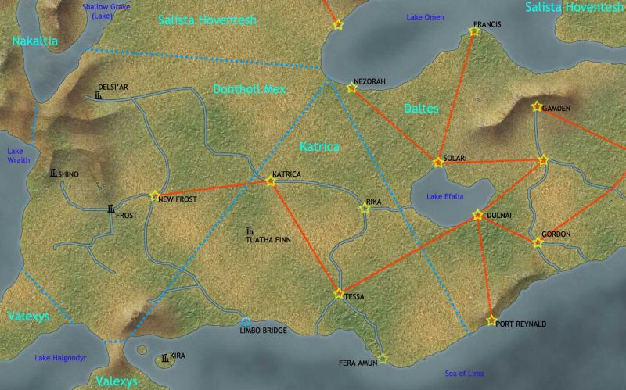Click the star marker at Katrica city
click(x=271, y=181)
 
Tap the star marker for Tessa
click(x=339, y=294)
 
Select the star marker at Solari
click(x=438, y=163)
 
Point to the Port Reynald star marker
click(x=491, y=320)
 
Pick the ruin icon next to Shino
click(x=53, y=173)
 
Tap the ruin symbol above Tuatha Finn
click(x=250, y=231)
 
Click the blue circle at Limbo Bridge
click(x=245, y=321)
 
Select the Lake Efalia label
click(x=445, y=197)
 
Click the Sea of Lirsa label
click(x=463, y=374)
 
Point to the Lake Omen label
click(x=425, y=17)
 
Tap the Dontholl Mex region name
click(x=250, y=90)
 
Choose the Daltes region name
click(x=421, y=109)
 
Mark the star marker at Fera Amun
click(x=383, y=359)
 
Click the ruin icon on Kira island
click(x=164, y=359)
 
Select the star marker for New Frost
click(x=154, y=195)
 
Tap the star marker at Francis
click(x=473, y=31)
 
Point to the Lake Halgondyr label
click(x=60, y=357)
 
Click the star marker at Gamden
click(x=536, y=106)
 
